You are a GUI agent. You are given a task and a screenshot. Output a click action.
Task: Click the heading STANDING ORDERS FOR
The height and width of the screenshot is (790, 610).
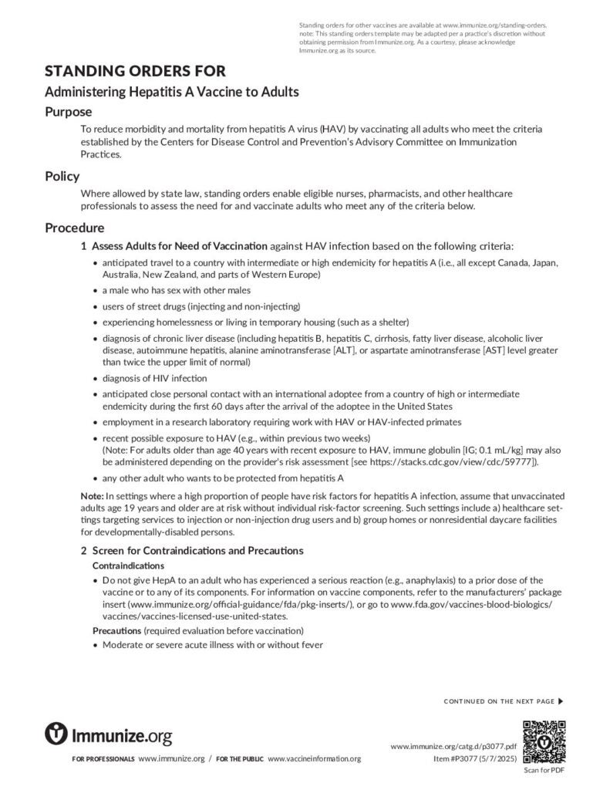click(x=135, y=71)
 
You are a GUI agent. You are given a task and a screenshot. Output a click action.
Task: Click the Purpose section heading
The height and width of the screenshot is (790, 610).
click(x=68, y=111)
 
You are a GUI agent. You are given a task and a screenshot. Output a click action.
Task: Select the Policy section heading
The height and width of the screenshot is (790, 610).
click(x=62, y=176)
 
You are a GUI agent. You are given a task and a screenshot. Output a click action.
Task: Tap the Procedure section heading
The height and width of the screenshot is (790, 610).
click(x=75, y=228)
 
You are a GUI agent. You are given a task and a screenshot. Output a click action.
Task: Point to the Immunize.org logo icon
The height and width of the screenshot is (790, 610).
click(x=56, y=734)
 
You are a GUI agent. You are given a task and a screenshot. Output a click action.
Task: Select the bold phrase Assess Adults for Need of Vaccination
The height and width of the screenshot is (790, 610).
click(x=180, y=246)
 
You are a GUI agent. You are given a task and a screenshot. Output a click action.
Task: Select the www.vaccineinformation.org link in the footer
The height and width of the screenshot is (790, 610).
click(x=314, y=759)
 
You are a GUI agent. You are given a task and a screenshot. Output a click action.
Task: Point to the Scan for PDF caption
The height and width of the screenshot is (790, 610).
click(x=544, y=771)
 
